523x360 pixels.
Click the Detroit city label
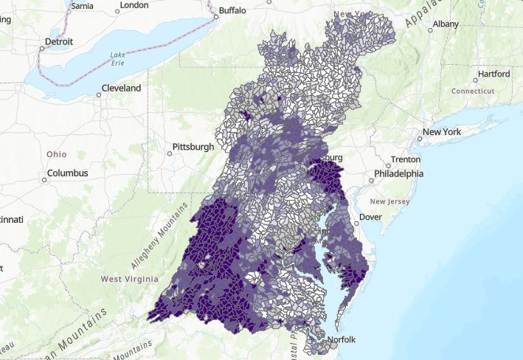60,42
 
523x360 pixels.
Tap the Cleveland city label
122,88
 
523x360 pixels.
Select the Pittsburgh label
193,147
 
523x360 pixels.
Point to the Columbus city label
68,173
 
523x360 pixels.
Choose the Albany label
446,24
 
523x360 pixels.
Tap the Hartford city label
493,74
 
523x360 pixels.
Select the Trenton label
405,159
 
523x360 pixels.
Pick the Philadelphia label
398,174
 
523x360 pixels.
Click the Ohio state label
56,154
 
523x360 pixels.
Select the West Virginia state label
129,279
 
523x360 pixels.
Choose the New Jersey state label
388,201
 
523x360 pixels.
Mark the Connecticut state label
473,91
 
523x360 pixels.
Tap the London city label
133,5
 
